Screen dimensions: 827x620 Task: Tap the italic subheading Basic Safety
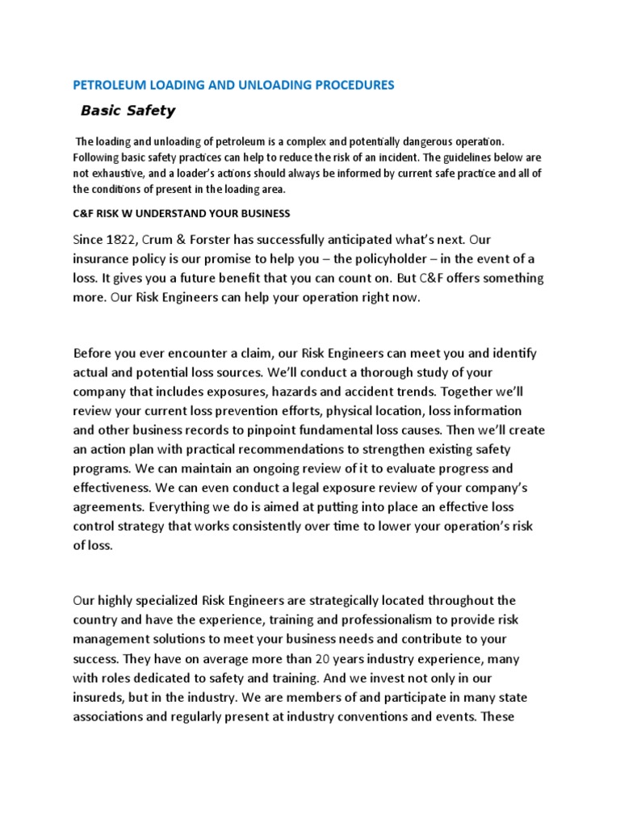tap(128, 111)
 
